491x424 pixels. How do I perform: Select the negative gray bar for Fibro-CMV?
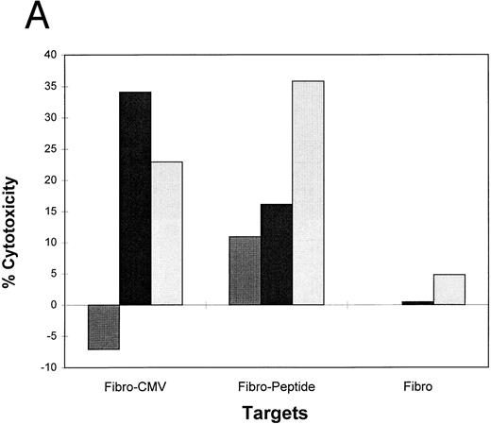(103, 327)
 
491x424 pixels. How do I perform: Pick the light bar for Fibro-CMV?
(166, 233)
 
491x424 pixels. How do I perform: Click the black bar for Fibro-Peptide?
(277, 254)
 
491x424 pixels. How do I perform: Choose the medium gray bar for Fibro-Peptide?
(245, 270)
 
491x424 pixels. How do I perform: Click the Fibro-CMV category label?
(135, 386)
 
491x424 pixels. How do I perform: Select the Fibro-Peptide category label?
(277, 386)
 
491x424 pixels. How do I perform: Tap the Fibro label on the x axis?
(418, 386)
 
